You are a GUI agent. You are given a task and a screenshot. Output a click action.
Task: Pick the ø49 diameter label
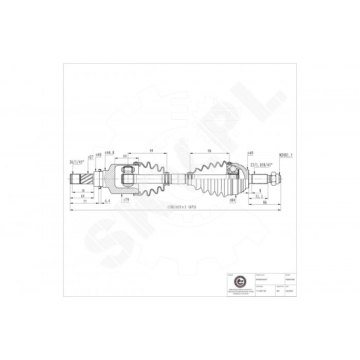point(251,153)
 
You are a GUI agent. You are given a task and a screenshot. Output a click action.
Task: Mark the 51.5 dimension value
point(260,196)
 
